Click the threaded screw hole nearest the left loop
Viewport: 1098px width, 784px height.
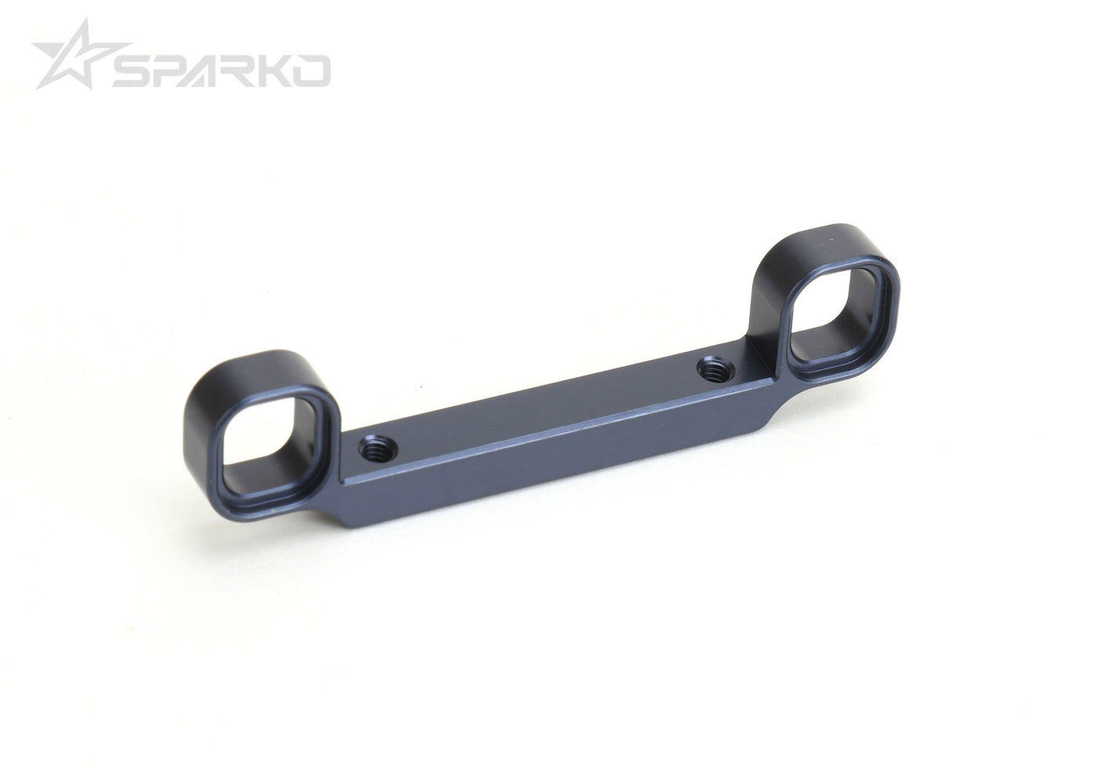click(377, 449)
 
